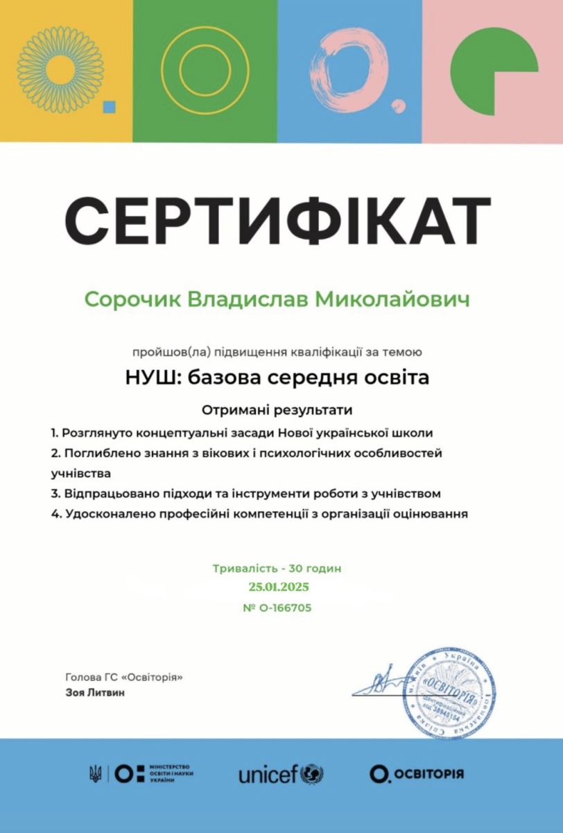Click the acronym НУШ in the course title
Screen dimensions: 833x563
[x=150, y=378]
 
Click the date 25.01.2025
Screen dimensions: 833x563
[x=278, y=587]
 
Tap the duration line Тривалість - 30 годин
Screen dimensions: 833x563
[x=277, y=569]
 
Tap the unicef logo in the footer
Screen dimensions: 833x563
[x=281, y=774]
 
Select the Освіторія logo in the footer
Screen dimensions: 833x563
[x=416, y=773]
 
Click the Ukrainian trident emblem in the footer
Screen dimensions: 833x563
[x=96, y=773]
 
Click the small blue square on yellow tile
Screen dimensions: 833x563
[x=109, y=106]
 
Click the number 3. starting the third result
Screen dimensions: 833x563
[x=55, y=494]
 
